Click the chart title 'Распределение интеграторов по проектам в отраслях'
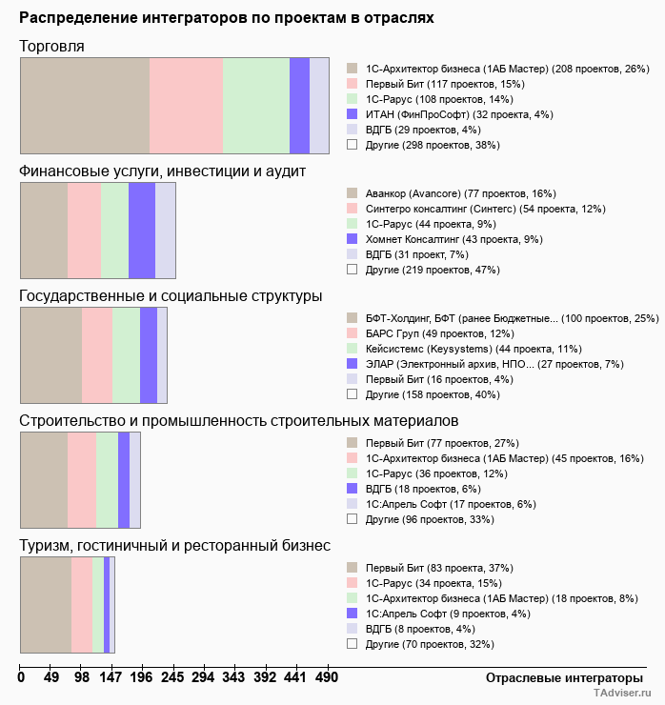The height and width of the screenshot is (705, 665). tap(227, 18)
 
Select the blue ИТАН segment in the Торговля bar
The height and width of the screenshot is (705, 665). tap(299, 105)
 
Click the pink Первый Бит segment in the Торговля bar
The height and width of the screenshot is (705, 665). tap(186, 105)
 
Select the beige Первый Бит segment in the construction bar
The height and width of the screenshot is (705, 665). tap(44, 479)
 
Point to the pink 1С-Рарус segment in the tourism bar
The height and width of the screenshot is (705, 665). tap(82, 605)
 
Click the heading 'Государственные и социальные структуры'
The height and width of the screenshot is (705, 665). tap(171, 296)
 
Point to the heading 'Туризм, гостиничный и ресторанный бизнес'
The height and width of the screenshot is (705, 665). tap(175, 546)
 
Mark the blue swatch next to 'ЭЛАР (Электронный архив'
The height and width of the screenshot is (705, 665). tap(352, 364)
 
